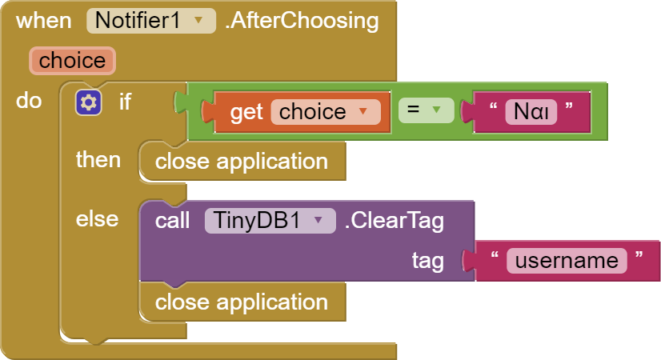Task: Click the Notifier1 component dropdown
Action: (x=151, y=21)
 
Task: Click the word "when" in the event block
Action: (x=43, y=21)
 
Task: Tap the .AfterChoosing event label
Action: (x=302, y=21)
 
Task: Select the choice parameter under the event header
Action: (x=72, y=61)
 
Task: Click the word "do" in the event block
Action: (x=29, y=101)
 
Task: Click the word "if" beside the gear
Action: (x=125, y=102)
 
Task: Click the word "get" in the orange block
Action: (x=246, y=112)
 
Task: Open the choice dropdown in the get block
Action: (x=326, y=112)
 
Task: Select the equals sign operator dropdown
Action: (x=426, y=110)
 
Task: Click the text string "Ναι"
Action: (x=531, y=112)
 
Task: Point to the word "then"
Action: (x=98, y=160)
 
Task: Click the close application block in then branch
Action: (x=242, y=162)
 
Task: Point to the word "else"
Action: (x=97, y=219)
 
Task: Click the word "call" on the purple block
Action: (x=172, y=221)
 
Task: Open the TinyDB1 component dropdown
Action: (x=270, y=221)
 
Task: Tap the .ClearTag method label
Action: (x=395, y=221)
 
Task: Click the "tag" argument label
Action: (x=428, y=261)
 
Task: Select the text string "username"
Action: (x=567, y=261)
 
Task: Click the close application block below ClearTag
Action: (x=242, y=302)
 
